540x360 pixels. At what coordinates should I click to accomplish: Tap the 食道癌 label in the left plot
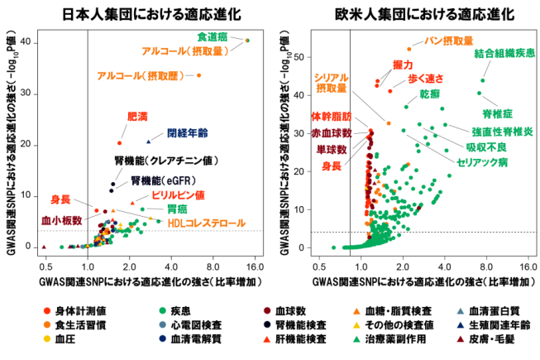tap(213, 37)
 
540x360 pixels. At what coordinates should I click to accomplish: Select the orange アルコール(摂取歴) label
tap(141, 76)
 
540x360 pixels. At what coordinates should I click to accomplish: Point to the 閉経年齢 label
tap(188, 132)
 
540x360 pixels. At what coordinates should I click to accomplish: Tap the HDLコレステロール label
tap(207, 223)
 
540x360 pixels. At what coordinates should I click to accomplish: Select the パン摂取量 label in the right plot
tap(448, 41)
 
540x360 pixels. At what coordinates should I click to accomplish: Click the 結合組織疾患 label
tap(504, 54)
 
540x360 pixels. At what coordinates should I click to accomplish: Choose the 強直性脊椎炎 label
tap(502, 131)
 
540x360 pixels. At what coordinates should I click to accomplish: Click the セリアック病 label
tap(480, 162)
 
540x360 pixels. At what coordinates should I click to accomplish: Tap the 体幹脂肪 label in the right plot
tap(331, 116)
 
